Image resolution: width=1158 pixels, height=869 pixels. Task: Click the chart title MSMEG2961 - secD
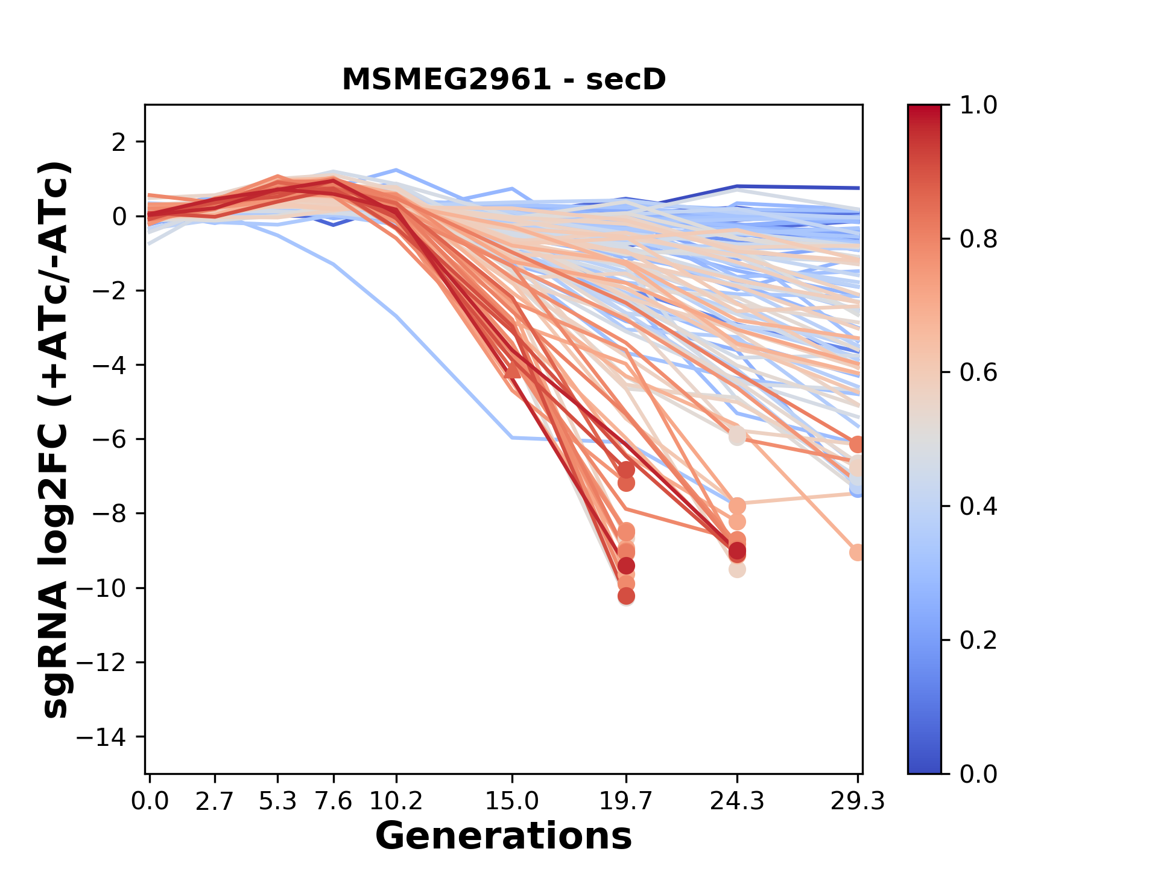[x=504, y=80]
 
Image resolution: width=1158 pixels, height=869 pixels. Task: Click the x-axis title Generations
[x=504, y=836]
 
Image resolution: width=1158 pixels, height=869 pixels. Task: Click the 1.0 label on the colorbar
[x=978, y=106]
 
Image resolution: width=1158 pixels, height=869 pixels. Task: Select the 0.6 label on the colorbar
[x=978, y=372]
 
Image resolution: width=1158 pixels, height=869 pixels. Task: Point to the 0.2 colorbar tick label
[x=978, y=640]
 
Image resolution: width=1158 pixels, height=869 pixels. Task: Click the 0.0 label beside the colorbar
[x=978, y=774]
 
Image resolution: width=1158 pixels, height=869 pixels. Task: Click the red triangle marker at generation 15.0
[x=512, y=371]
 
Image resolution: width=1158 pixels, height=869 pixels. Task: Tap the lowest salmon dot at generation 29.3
[x=857, y=552]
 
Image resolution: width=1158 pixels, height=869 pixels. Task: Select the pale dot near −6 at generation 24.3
[x=737, y=436]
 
